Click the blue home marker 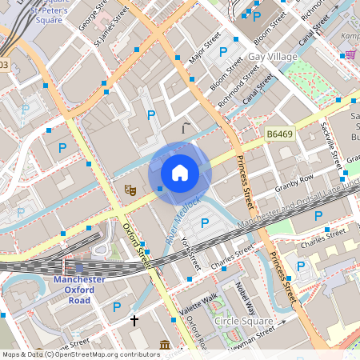click(180, 173)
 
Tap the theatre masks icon click(128, 190)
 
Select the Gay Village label click(272, 57)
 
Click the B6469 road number click(280, 135)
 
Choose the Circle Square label click(244, 321)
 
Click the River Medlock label click(182, 221)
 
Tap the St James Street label click(111, 27)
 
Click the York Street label click(189, 251)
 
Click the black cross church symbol click(134, 321)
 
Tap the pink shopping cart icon click(350, 54)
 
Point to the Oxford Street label click(137, 245)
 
